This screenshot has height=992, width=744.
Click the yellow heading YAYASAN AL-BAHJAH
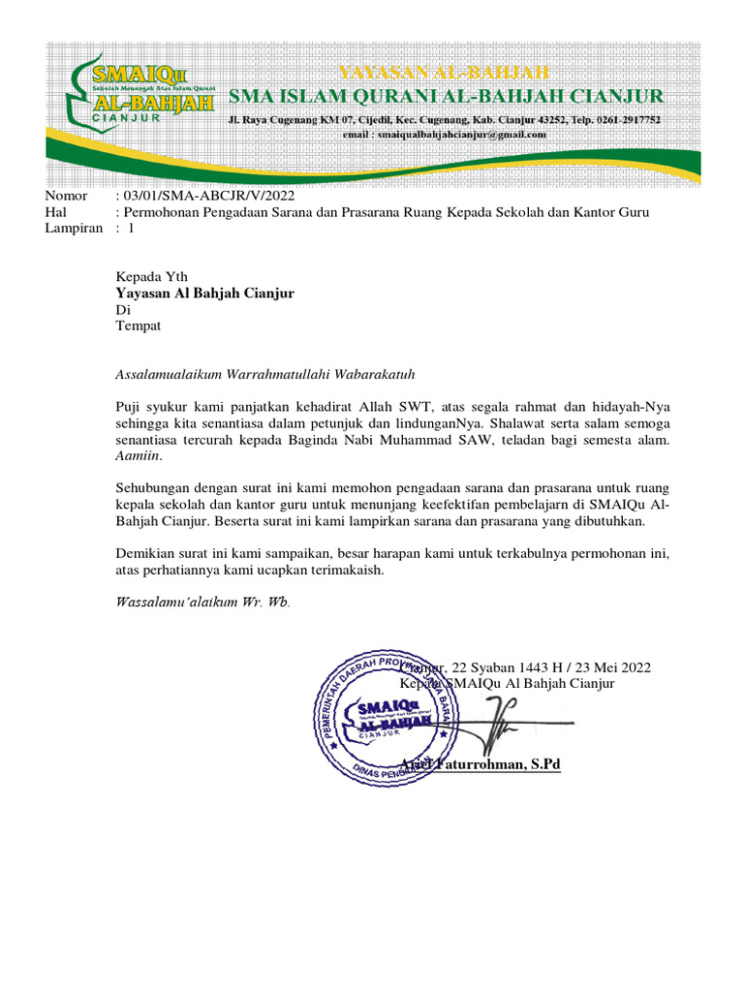(x=443, y=73)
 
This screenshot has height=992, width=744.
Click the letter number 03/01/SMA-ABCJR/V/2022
(x=192, y=196)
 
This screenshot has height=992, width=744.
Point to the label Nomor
(x=66, y=196)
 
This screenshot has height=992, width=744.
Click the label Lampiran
(x=74, y=229)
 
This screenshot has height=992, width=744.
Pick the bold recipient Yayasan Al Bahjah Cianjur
(x=204, y=293)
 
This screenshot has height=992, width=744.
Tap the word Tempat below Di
(x=139, y=325)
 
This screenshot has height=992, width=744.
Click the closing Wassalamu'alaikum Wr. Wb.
(x=201, y=602)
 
